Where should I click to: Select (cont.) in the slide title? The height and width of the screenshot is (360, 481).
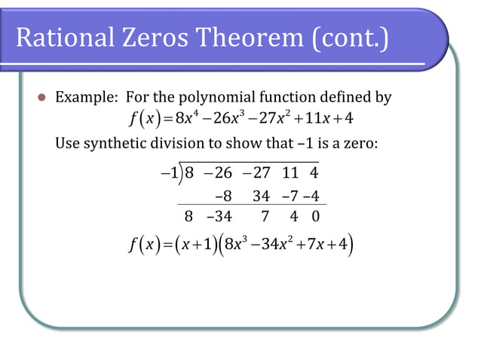(x=348, y=38)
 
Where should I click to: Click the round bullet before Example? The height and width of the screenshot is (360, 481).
(x=42, y=98)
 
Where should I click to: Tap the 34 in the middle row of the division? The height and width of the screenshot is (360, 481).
(x=262, y=197)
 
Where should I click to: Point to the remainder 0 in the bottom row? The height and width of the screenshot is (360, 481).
(x=316, y=218)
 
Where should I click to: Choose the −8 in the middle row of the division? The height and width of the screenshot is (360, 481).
(x=222, y=197)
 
